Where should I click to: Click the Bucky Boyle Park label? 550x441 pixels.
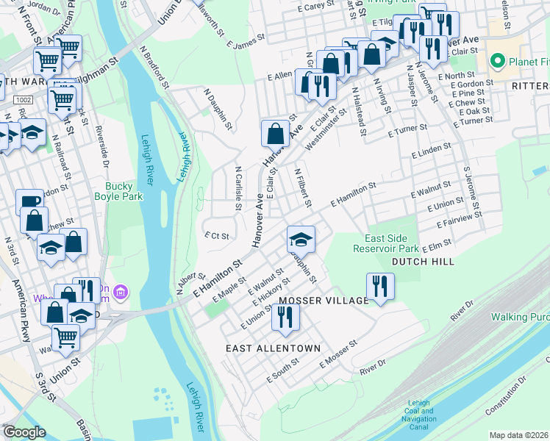pos(118,191)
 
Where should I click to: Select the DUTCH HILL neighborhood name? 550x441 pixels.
pos(422,262)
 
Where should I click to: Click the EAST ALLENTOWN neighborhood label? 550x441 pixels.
pos(273,348)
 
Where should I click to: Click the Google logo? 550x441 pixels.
pos(24,432)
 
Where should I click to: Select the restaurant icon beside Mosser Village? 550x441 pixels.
pos(380,286)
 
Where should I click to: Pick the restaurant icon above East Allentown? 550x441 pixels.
pos(284,317)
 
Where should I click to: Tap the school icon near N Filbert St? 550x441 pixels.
pos(300,239)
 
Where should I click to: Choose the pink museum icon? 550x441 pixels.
pos(122,293)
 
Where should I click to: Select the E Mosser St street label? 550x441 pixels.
pos(338,354)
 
